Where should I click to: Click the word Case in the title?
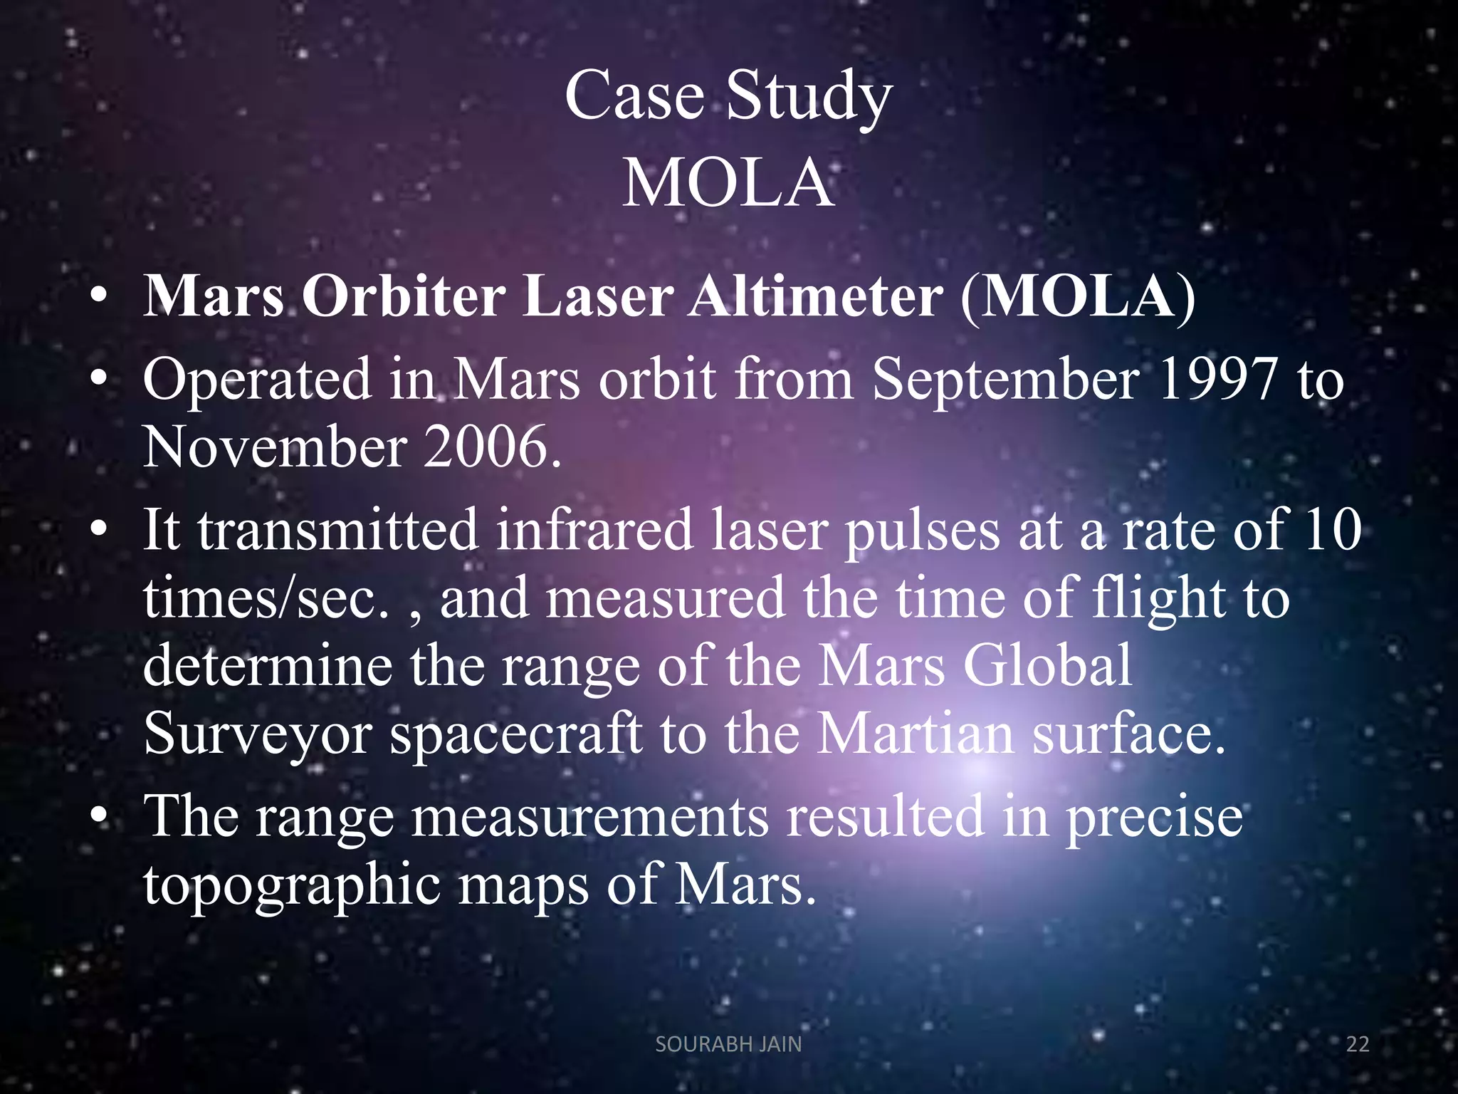[634, 96]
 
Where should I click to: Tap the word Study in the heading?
[809, 100]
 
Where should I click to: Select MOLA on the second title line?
[728, 184]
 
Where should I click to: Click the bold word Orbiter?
[404, 296]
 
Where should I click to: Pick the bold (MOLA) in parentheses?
[1077, 296]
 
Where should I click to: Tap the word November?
[275, 447]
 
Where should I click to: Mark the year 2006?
[491, 447]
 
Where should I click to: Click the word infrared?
[594, 530]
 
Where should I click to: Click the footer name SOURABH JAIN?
[728, 1044]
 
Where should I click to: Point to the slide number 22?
[1358, 1044]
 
